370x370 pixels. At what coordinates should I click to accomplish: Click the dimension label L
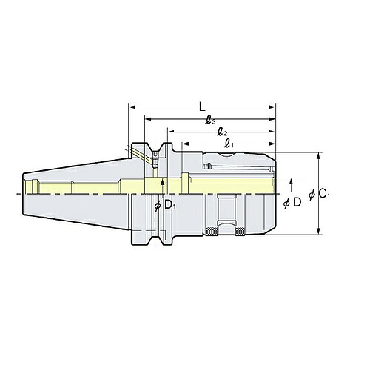(x=202, y=107)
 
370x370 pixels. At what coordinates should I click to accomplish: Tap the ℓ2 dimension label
(x=222, y=133)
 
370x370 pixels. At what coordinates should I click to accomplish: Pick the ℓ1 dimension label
(x=229, y=144)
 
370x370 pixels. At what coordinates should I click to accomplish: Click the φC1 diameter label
(x=319, y=194)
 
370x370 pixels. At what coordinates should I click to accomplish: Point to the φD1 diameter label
(x=165, y=205)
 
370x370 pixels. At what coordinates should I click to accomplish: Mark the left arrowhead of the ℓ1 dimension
(x=186, y=144)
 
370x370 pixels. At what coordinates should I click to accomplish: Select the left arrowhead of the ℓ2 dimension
(x=171, y=132)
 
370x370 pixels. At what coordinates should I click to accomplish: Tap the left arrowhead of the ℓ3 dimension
(x=148, y=119)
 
